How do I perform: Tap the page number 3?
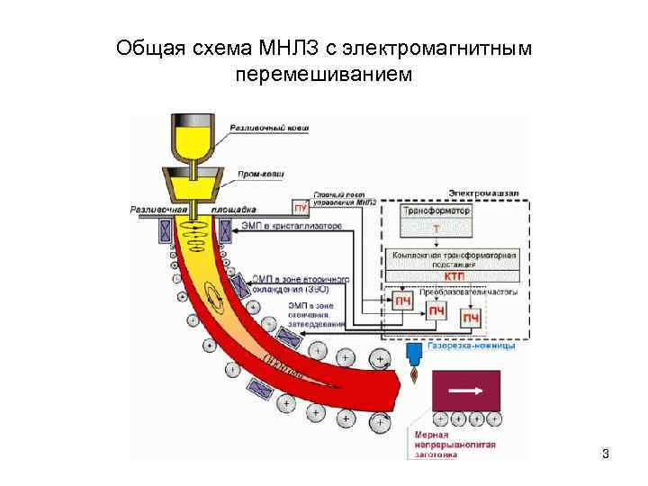coord(606,454)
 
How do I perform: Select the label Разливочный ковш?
coord(269,130)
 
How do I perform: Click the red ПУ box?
coord(300,209)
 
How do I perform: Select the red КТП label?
coord(441,275)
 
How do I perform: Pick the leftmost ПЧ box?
coord(400,300)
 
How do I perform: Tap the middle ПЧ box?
coord(436,311)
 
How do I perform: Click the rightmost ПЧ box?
coord(471,319)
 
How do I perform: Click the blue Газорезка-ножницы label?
coord(472,346)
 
